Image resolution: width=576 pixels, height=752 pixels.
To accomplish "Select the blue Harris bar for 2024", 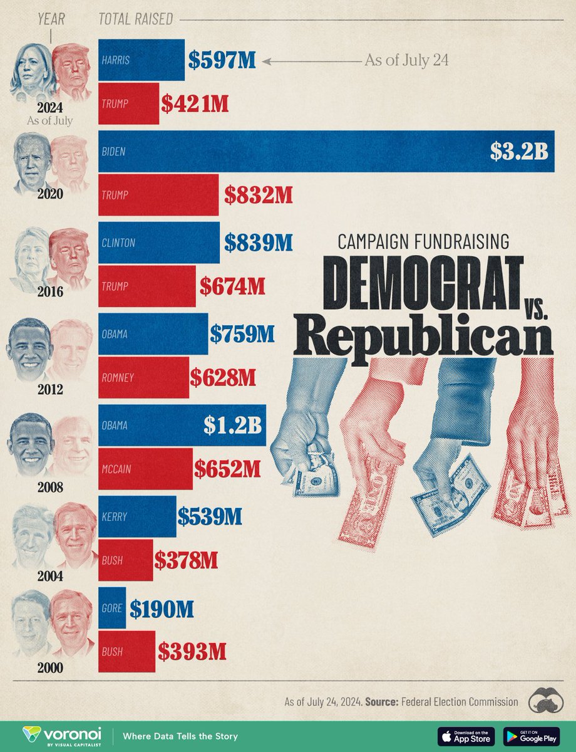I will (x=141, y=60).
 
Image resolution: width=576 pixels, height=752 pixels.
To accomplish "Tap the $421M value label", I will (x=194, y=104).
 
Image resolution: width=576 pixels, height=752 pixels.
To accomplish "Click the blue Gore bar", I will (x=112, y=608).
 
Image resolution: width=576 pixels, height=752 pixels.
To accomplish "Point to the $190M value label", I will (x=162, y=608).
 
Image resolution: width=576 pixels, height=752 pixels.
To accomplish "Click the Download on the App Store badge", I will (x=466, y=736).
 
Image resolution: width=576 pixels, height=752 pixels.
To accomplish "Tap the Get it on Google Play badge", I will (x=532, y=736).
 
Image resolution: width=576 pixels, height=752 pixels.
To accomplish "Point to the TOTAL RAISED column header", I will (x=135, y=19).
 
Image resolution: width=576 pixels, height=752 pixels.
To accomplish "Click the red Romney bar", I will (x=143, y=378).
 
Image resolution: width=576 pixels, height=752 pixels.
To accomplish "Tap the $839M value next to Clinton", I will (x=256, y=243).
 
